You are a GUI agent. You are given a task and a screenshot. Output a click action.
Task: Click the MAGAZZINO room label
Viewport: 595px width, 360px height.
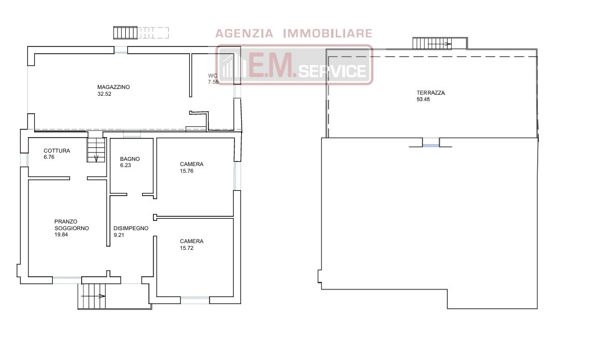(113, 87)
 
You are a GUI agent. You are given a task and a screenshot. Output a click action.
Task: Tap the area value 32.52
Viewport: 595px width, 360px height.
(105, 94)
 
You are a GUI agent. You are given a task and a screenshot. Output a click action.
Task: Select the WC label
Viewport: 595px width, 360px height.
(213, 76)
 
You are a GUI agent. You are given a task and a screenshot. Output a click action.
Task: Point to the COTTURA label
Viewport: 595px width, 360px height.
(57, 151)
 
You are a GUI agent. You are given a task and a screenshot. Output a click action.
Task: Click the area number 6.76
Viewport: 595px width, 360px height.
(49, 157)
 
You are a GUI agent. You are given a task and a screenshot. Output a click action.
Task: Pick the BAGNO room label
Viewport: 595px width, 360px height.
(130, 159)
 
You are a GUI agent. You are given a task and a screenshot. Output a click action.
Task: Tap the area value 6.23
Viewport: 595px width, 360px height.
(125, 165)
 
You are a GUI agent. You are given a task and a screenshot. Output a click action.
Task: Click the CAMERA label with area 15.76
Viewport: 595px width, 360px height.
(191, 164)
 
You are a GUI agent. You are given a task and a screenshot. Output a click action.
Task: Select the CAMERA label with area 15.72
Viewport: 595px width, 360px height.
(191, 241)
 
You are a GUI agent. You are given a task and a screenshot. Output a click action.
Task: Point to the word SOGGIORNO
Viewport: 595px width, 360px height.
(72, 229)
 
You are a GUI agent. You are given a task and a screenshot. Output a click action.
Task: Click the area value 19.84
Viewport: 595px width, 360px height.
(62, 234)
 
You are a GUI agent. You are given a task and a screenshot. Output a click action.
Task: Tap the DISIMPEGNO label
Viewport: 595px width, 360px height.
(131, 229)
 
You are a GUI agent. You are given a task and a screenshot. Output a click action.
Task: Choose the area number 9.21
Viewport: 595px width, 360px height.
(119, 235)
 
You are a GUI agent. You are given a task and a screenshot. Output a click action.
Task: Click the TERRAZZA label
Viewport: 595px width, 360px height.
(430, 93)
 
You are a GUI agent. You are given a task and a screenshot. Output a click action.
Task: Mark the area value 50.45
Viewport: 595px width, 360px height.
(423, 99)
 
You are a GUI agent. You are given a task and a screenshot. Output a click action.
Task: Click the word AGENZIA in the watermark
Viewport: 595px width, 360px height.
(244, 34)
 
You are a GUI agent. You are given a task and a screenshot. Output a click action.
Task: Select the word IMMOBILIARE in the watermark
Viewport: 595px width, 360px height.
(328, 34)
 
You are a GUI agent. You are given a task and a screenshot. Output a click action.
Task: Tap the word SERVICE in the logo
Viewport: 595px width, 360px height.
(333, 70)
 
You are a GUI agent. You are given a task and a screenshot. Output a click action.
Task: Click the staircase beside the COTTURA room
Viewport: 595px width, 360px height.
(96, 150)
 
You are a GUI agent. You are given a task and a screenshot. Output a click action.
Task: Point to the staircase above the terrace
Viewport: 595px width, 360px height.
(433, 43)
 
